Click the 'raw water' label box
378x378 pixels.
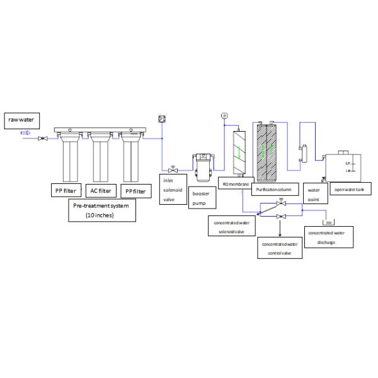pos(21,119)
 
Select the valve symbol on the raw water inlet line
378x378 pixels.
pos(41,138)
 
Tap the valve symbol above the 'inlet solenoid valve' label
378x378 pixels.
pos(171,169)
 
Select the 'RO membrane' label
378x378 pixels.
pos(236,183)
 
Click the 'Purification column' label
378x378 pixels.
pos(272,188)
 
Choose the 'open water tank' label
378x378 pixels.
pos(348,190)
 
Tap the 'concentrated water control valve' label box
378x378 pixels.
pos(280,247)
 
